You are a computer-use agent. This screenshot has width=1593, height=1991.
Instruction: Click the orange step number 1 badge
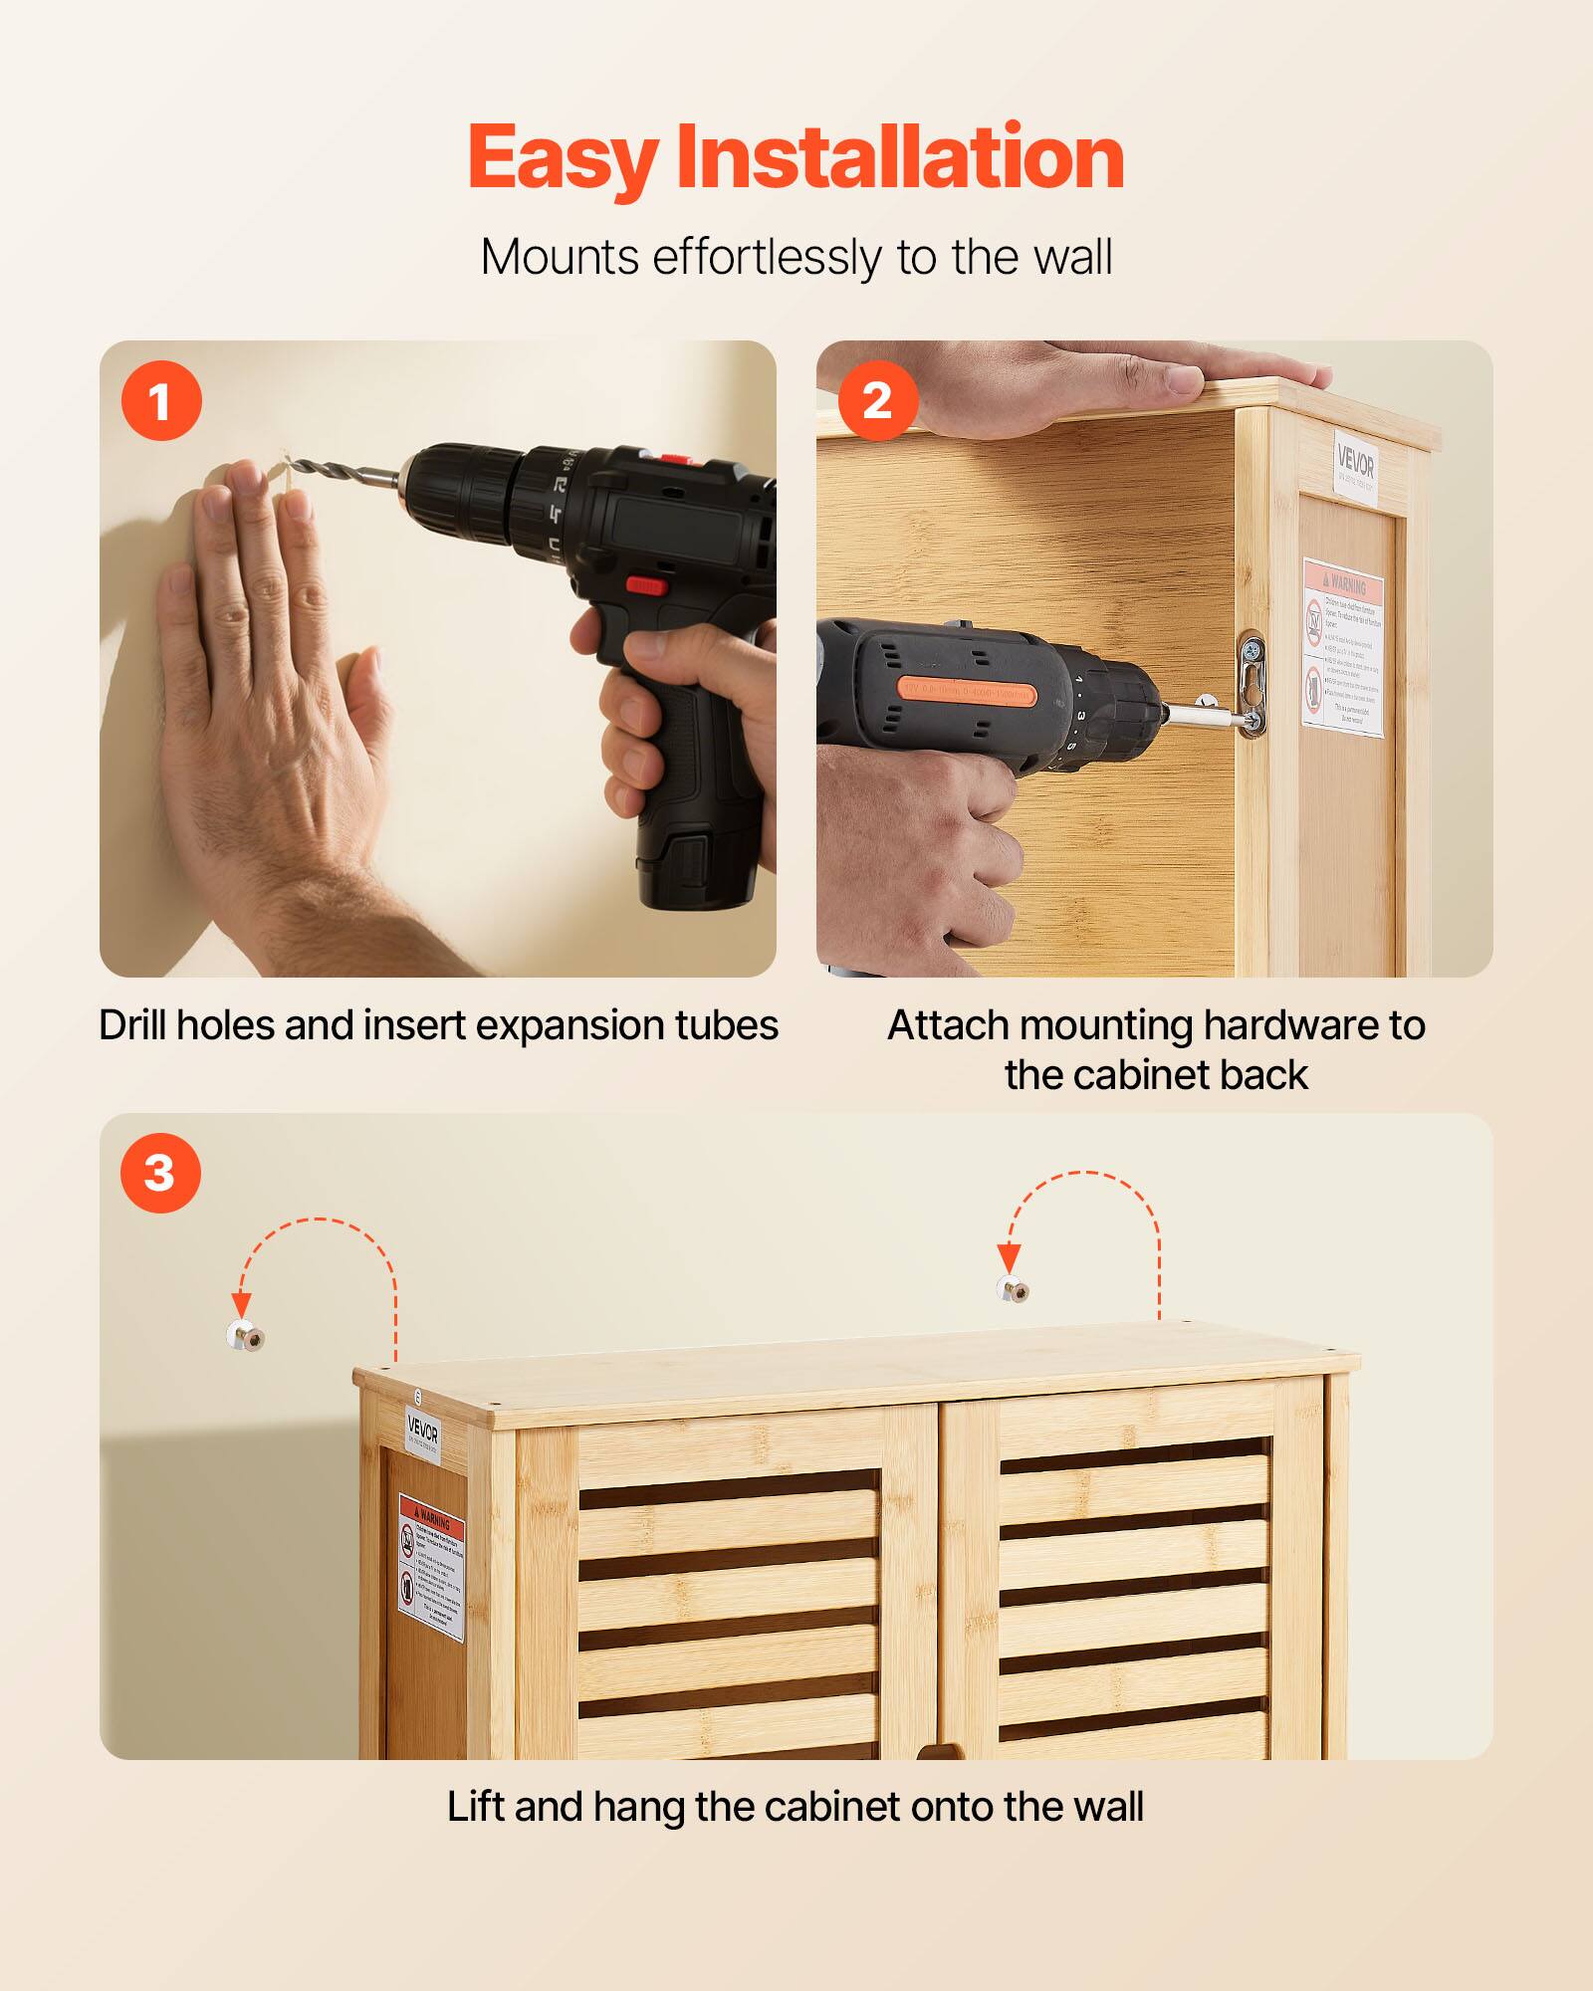[x=161, y=402]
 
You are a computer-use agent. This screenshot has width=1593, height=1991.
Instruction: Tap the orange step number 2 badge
[x=877, y=401]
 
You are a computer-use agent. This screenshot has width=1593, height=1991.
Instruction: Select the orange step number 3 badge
[x=160, y=1173]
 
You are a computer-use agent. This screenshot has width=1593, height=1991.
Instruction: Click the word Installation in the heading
[x=900, y=158]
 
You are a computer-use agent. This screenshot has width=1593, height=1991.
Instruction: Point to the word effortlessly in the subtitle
[x=767, y=258]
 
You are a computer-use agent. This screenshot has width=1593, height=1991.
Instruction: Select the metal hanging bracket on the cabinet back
[x=1252, y=684]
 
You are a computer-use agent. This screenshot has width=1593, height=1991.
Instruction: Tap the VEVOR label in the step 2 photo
[x=1355, y=466]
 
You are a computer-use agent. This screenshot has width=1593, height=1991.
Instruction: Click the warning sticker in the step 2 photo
[x=1343, y=647]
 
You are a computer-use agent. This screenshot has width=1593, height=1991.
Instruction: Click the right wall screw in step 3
[x=1014, y=1289]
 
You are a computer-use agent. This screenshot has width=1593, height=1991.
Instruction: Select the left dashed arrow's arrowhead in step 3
[x=241, y=1304]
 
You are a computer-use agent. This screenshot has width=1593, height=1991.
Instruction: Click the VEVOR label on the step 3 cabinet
[x=423, y=1435]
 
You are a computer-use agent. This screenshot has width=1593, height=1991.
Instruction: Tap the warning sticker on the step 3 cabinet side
[x=431, y=1568]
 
